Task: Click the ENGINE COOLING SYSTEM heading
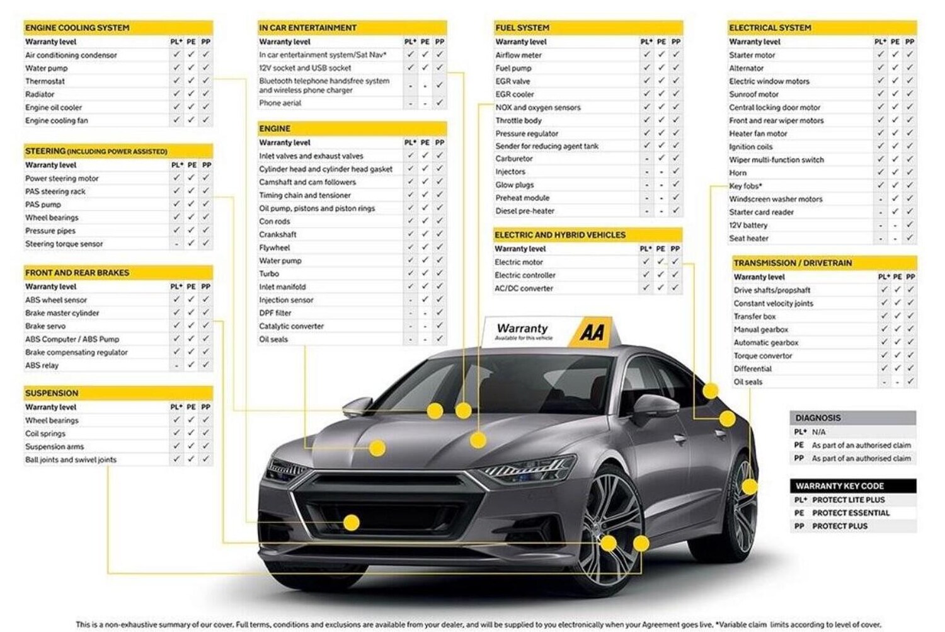[x=77, y=28]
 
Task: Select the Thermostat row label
[x=45, y=81]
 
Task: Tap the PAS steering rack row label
[x=55, y=192]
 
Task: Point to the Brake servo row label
[x=45, y=326]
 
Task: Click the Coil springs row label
[x=45, y=434]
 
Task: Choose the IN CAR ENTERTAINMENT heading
[x=307, y=28]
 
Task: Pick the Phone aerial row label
[x=280, y=103]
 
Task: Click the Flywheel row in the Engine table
[x=274, y=248]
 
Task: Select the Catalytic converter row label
[x=291, y=326]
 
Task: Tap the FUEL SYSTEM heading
[x=522, y=28]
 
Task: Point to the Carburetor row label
[x=513, y=159]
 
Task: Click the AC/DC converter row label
[x=524, y=289]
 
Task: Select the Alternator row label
[x=746, y=68]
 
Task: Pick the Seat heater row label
[x=748, y=238]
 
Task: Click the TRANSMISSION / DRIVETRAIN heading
[x=793, y=263]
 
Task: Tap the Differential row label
[x=752, y=369]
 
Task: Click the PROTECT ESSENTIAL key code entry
[x=850, y=513]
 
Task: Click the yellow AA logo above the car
[x=592, y=332]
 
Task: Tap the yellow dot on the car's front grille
[x=352, y=522]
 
